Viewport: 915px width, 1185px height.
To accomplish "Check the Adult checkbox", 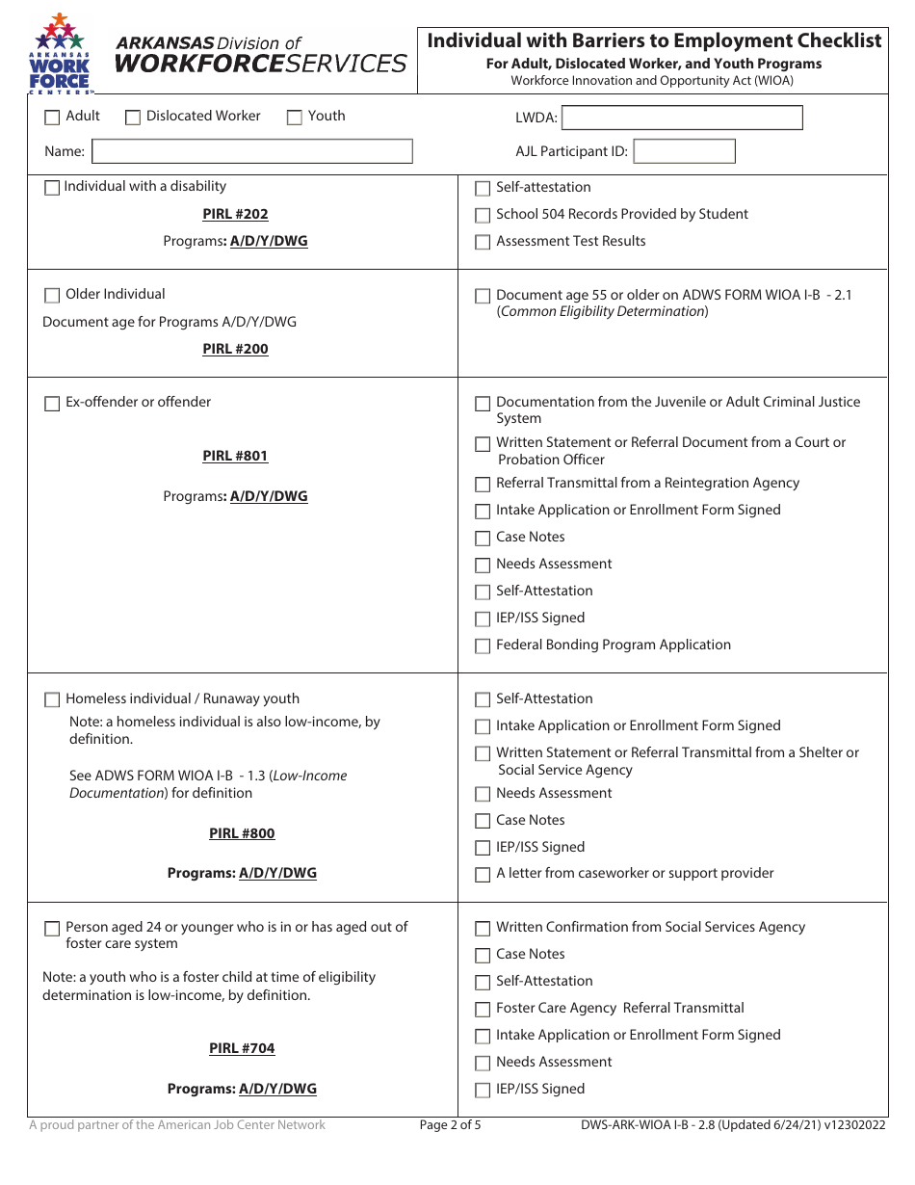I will click(x=52, y=118).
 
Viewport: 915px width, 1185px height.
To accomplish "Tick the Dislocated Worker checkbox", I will click(x=133, y=118).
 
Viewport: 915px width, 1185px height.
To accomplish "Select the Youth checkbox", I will click(x=295, y=118).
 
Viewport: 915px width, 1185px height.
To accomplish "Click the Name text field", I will click(x=251, y=151).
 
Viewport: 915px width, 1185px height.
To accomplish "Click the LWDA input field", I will click(x=681, y=118).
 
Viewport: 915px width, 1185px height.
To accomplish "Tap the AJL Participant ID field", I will click(x=684, y=151).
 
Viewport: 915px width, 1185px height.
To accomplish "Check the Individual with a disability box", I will click(x=52, y=188).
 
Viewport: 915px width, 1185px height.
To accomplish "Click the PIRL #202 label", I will click(x=235, y=214).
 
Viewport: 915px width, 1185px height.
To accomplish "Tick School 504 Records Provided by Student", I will click(x=483, y=216).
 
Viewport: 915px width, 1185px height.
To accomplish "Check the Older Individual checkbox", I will click(x=52, y=296).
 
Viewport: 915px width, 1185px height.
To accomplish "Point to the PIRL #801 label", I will click(x=235, y=456).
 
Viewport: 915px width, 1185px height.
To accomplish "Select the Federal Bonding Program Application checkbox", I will click(x=483, y=646).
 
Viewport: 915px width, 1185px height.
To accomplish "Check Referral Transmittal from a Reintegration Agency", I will click(x=483, y=485).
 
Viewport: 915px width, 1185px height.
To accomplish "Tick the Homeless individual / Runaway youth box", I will click(x=52, y=700).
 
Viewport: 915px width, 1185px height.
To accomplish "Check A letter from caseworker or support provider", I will click(x=483, y=875).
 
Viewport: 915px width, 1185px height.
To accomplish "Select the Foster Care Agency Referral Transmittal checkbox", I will click(x=483, y=1010).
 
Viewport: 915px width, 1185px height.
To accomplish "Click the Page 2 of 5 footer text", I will click(x=450, y=1124).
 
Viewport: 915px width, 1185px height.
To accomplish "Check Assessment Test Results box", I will click(x=483, y=243).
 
